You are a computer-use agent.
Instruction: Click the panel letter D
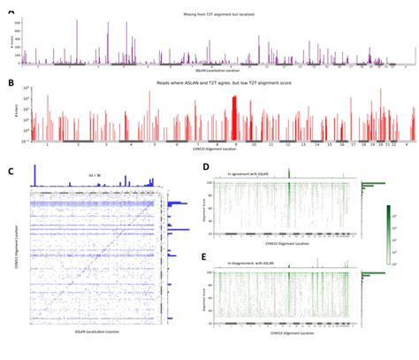(205, 166)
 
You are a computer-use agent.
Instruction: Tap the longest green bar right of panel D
(375, 184)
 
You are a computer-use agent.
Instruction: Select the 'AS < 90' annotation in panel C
(93, 174)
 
